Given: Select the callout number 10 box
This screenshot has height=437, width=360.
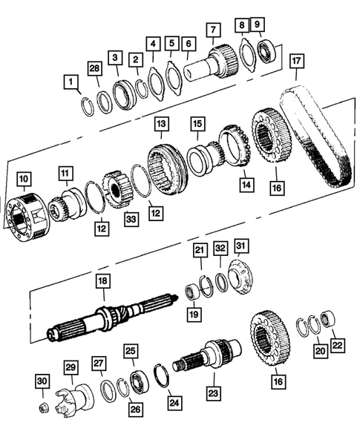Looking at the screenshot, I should (24, 179).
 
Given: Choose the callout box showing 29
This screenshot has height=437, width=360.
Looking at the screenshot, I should (71, 369).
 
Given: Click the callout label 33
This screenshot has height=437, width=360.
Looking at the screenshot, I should (131, 219).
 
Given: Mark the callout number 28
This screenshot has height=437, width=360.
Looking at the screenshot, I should (94, 68).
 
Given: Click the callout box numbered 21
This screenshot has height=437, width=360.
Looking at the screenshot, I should (200, 252).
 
